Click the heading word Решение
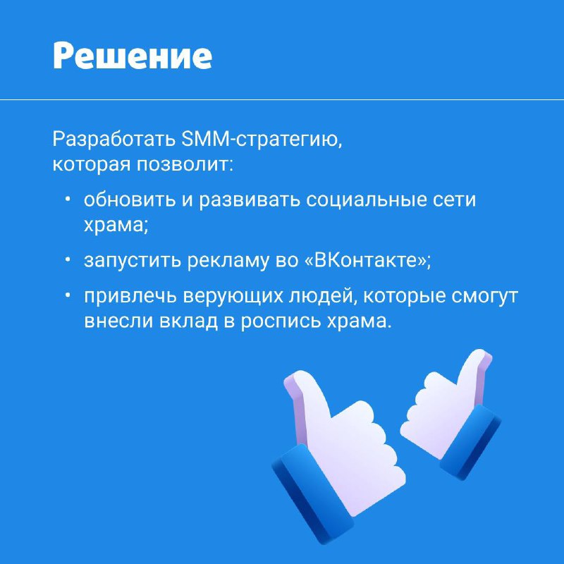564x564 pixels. [133, 56]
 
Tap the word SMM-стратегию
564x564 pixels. [262, 139]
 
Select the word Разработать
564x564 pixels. [114, 140]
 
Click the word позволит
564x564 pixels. [185, 164]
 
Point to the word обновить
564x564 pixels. [130, 200]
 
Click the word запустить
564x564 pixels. [133, 260]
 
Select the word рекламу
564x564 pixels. [228, 260]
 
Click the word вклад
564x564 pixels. [188, 320]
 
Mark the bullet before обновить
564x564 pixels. [67, 199]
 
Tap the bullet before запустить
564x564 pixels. [67, 259]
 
